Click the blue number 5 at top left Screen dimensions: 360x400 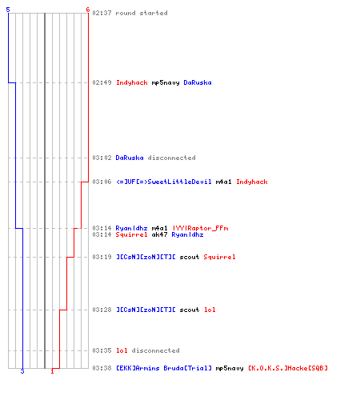pos(8,10)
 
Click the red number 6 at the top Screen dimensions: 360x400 pos(88,10)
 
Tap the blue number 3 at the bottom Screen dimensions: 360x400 pos(22,371)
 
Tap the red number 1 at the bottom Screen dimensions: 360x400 pos(52,371)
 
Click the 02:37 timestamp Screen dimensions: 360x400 pos(102,13)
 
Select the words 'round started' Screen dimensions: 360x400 pos(142,13)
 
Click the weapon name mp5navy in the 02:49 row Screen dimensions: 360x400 pos(166,82)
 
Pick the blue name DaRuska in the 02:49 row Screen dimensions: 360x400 pos(198,82)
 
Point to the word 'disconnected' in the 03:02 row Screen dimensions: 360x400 pos(171,158)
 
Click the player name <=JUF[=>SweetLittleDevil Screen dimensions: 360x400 pos(164,182)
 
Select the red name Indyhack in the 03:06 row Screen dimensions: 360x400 pos(252,182)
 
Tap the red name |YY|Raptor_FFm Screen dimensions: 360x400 pos(200,228)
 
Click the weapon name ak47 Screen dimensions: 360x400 pos(159,234)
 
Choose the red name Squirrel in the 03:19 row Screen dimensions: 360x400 pos(219,257)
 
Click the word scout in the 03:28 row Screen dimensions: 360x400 pos(190,310)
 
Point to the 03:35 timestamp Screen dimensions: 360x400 pos(102,350)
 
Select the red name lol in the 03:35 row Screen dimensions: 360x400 pos(122,350)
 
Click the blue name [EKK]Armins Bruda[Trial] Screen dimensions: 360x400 pos(164,368)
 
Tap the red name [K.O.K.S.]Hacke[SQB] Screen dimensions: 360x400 pos(288,368)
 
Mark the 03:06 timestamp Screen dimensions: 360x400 pos(102,182)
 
